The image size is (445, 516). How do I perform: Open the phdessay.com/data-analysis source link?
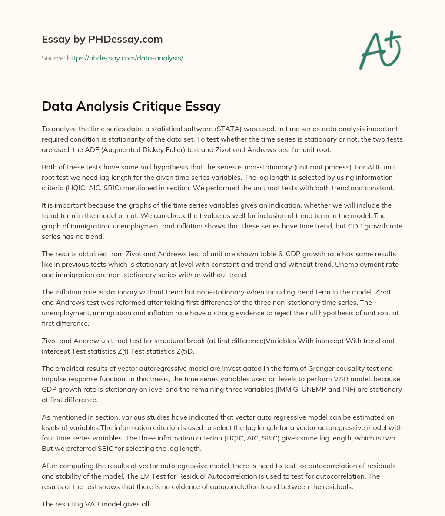click(125, 58)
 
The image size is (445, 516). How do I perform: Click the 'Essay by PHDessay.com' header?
click(102, 39)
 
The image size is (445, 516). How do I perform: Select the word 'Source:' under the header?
click(53, 58)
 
